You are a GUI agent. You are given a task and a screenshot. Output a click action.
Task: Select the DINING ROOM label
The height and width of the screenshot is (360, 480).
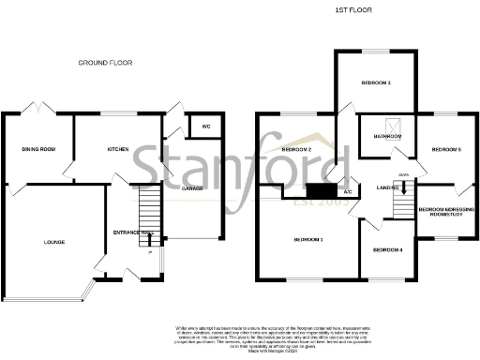click(x=39, y=149)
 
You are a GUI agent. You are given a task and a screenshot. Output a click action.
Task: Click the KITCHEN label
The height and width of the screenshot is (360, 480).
click(x=117, y=149)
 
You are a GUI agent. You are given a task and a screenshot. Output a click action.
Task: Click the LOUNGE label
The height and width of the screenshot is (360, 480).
click(x=53, y=242)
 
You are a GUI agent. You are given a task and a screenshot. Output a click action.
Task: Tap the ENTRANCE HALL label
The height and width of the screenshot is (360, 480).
click(x=128, y=232)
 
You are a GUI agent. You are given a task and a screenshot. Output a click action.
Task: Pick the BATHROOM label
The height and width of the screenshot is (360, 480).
click(x=388, y=137)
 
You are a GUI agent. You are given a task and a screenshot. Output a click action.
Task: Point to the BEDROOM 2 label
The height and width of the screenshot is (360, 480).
click(x=296, y=150)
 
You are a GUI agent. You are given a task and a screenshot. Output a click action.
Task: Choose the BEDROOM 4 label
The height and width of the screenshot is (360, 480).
click(x=388, y=251)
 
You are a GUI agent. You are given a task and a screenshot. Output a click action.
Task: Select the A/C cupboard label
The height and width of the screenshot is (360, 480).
click(x=347, y=194)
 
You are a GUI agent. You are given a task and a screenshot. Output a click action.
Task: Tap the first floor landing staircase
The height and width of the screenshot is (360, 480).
click(x=404, y=201)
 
